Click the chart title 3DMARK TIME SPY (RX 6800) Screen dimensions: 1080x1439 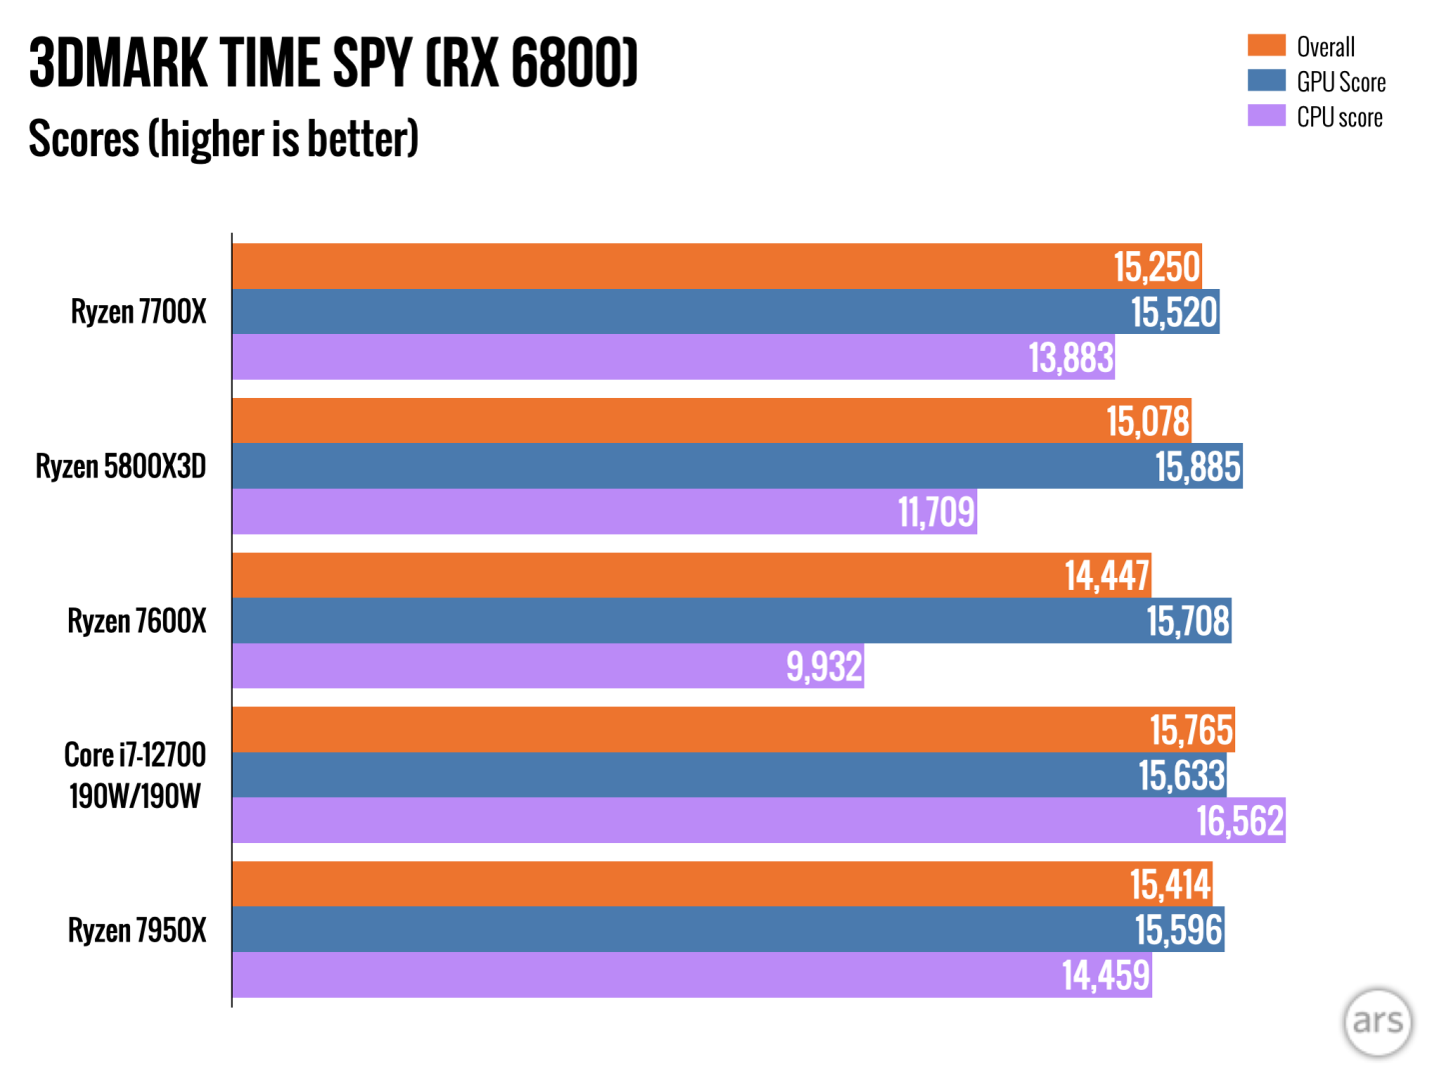click(333, 63)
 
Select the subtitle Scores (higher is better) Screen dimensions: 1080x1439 click(223, 139)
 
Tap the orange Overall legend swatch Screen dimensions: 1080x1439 click(1266, 46)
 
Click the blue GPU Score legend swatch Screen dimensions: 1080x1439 click(1266, 81)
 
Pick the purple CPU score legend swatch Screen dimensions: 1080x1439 click(1266, 116)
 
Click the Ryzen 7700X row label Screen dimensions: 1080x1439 click(138, 312)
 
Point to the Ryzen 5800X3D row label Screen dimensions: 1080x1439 click(121, 467)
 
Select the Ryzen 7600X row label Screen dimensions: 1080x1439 click(136, 621)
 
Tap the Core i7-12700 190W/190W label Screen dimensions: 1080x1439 click(135, 775)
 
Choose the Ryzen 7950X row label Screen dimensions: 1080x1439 click(137, 931)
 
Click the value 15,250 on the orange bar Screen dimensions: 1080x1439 click(1156, 267)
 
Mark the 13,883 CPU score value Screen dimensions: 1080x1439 click(1071, 357)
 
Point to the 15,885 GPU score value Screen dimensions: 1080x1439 click(1197, 467)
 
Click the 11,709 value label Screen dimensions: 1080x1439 click(936, 512)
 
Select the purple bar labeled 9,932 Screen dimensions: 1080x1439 click(548, 666)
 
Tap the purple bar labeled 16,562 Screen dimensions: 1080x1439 click(758, 820)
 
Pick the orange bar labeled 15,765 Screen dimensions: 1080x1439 click(732, 730)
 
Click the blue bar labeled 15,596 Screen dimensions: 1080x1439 click(727, 930)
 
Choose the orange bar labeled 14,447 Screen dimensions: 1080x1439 click(692, 575)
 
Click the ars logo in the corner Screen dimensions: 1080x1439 click(1378, 1021)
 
